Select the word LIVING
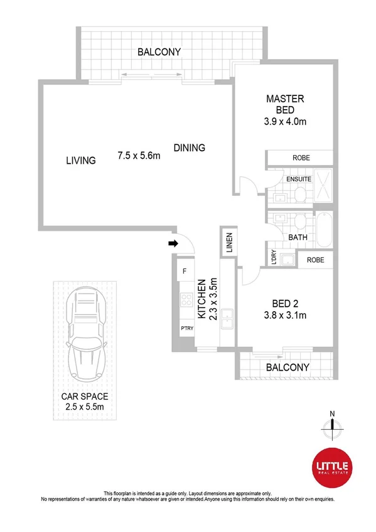point(81,161)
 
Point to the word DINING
point(190,148)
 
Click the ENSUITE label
point(299,179)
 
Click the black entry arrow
point(173,243)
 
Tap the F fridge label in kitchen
point(185,272)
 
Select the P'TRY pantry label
point(186,328)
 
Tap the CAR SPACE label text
point(85,396)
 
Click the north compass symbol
point(333,427)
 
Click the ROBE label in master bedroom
point(299,158)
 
